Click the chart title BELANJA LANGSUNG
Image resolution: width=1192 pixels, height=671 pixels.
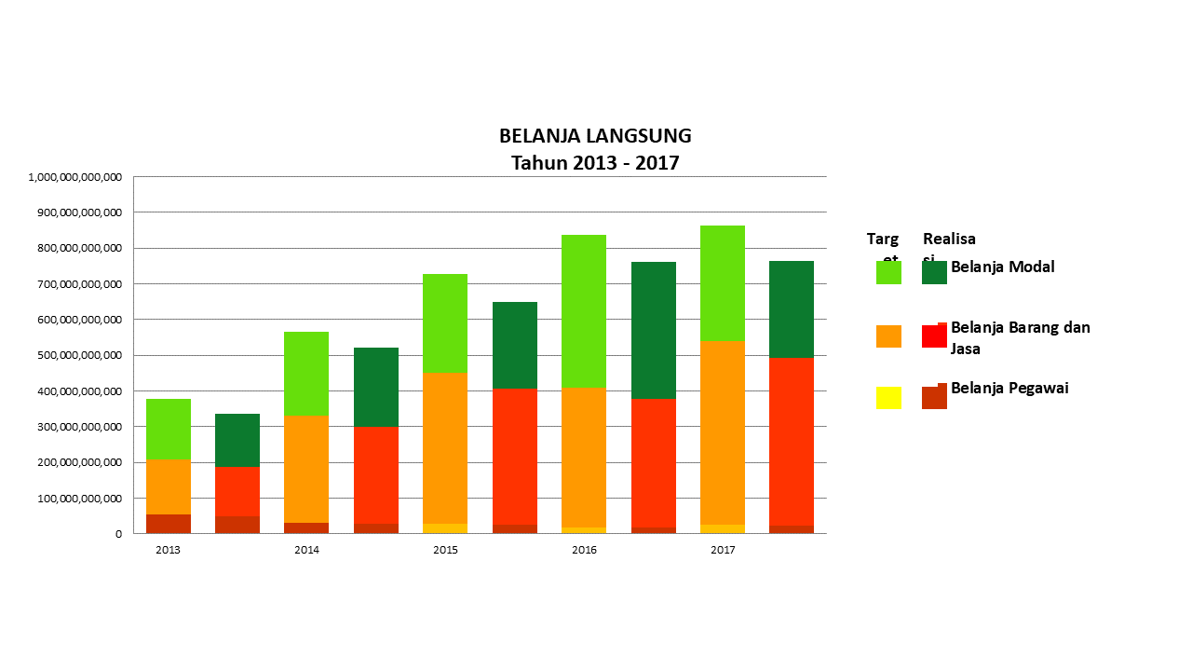(595, 136)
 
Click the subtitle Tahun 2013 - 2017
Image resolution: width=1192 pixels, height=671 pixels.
(595, 163)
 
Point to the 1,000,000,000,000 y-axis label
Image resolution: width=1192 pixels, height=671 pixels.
(75, 177)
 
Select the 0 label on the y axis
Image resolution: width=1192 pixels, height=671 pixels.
(118, 534)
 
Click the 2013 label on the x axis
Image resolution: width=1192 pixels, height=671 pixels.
(168, 550)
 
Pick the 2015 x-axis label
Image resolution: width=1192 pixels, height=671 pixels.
(445, 550)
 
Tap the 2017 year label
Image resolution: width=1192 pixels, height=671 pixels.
(723, 550)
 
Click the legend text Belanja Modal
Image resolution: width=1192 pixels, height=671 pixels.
(1002, 267)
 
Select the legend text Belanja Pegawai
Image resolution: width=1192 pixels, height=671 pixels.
(1009, 389)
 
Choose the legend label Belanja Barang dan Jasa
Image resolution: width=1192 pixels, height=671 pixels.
(1020, 338)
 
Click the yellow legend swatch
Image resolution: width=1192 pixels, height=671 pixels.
(888, 398)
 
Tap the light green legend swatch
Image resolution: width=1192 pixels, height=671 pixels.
(888, 272)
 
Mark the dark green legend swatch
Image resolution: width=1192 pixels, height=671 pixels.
(934, 272)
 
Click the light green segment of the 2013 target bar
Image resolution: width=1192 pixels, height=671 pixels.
(169, 429)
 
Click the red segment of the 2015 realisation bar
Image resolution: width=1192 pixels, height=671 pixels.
(515, 457)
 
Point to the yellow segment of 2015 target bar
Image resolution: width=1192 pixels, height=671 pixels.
(445, 528)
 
